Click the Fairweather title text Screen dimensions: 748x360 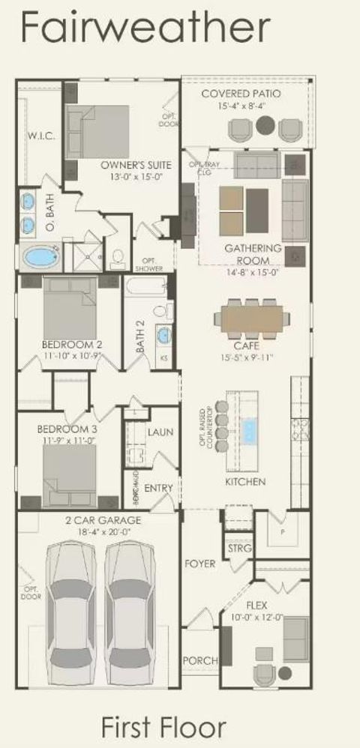coord(145,28)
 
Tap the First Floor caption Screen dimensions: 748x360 coord(163,726)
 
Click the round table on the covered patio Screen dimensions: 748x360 coord(265,126)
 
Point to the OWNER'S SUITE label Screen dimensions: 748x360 coord(136,165)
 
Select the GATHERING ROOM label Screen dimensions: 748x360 coord(253,254)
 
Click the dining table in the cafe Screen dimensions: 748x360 coord(250,319)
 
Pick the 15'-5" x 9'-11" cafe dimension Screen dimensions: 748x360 coord(247,358)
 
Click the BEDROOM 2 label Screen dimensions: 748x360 coord(72,345)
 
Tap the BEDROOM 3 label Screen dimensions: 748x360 coord(64,430)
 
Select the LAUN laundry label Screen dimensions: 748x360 coord(160,432)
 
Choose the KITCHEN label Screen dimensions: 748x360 coord(244,482)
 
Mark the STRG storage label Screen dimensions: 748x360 coord(239,549)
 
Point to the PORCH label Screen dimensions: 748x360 coord(200,660)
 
